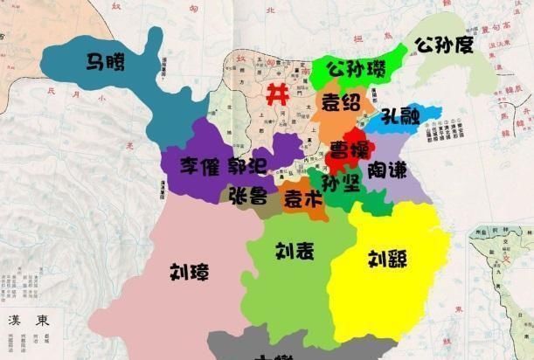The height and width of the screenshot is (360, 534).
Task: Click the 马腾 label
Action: [x=104, y=62]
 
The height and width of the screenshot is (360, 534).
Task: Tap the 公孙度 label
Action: [x=444, y=45]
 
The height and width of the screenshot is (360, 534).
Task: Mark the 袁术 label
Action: [x=302, y=199]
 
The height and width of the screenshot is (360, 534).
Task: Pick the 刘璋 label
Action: [x=190, y=272]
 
